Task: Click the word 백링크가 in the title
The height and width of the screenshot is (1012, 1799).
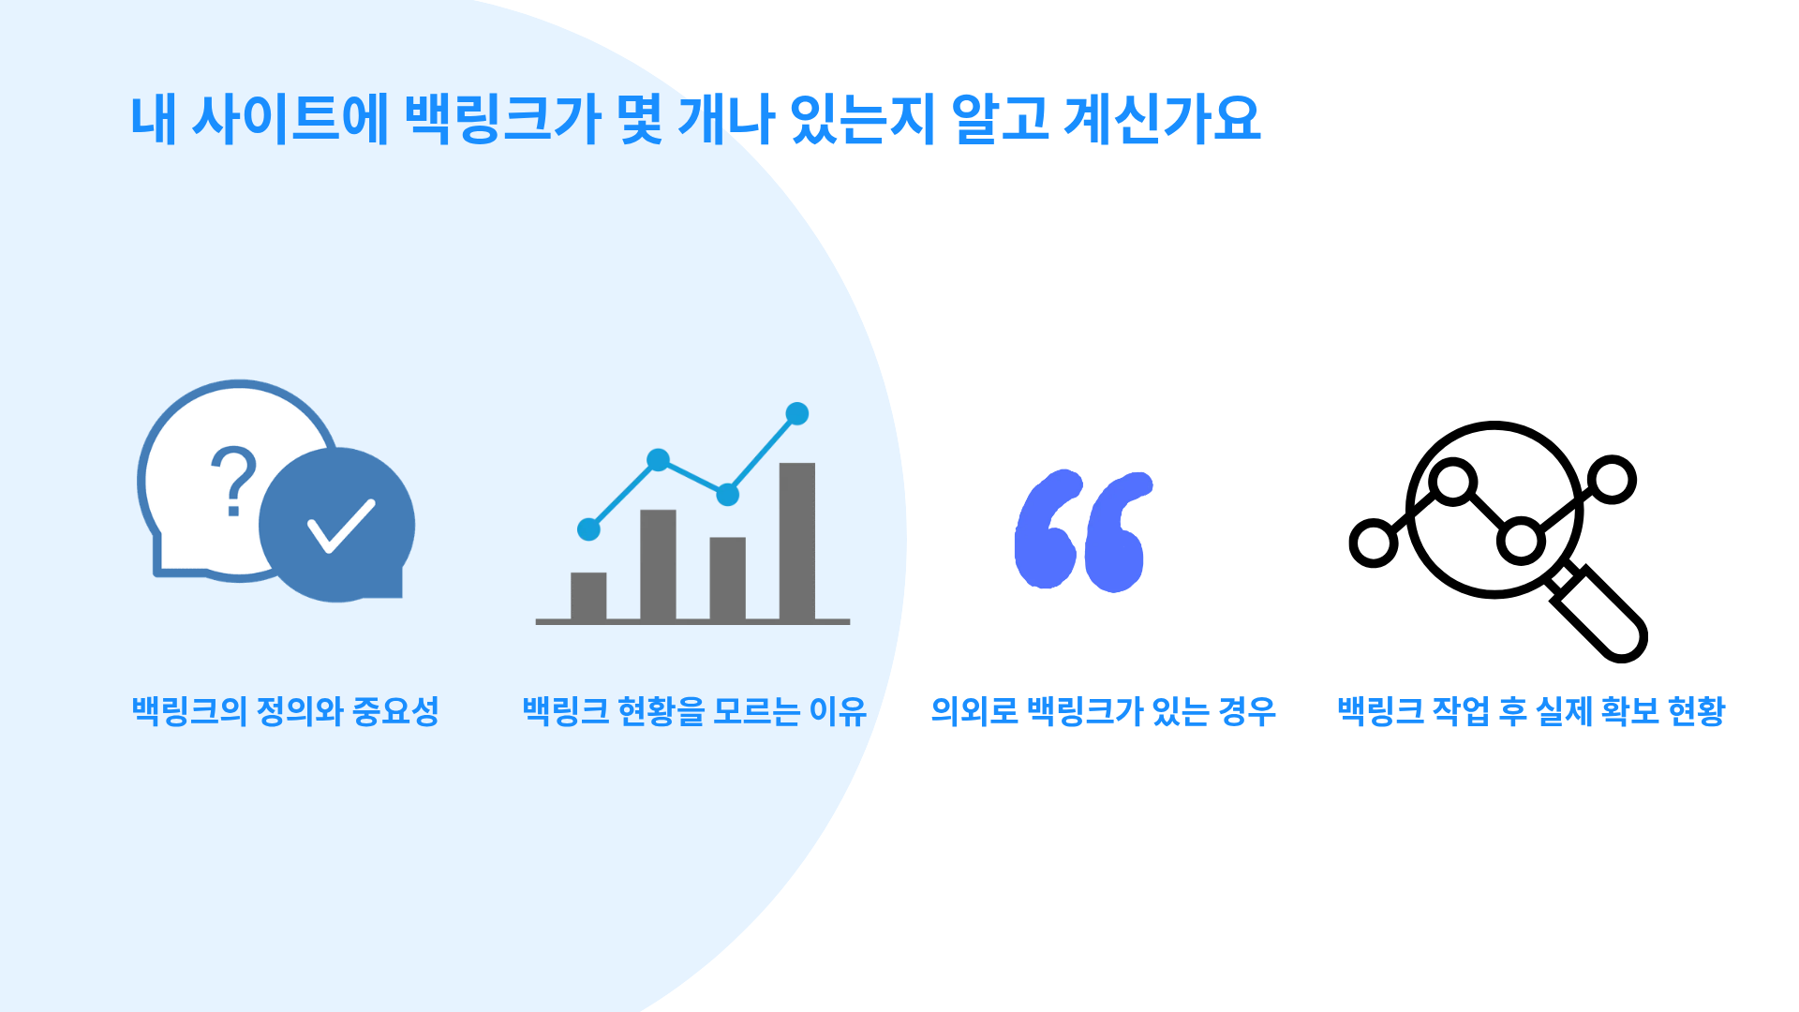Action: pos(503,119)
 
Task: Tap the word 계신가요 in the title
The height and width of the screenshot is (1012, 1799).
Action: pos(1163,119)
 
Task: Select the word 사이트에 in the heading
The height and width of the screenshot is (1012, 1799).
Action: pos(290,119)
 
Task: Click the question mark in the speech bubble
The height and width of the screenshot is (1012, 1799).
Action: pos(233,480)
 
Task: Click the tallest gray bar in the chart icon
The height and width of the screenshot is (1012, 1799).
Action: pos(797,541)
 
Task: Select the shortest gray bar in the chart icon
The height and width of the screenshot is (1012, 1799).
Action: pos(588,596)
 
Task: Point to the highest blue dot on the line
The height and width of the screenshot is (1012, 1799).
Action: pos(797,413)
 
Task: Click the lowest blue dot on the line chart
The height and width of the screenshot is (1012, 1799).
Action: pos(588,529)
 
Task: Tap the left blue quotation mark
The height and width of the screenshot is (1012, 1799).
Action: pos(1047,530)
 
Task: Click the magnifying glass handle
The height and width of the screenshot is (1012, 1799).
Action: pos(1598,613)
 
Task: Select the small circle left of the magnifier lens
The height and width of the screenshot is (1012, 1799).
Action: pos(1374,543)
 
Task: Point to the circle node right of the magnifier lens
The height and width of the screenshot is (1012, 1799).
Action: pos(1613,480)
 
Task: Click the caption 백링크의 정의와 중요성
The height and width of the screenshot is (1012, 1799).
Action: pos(286,711)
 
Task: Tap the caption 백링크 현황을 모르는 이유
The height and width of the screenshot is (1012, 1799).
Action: pos(694,711)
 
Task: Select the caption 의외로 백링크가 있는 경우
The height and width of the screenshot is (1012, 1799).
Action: pos(1103,711)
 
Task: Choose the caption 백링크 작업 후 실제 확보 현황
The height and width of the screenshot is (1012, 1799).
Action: pos(1531,711)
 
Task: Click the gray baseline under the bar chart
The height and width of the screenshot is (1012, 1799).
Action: pos(692,621)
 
